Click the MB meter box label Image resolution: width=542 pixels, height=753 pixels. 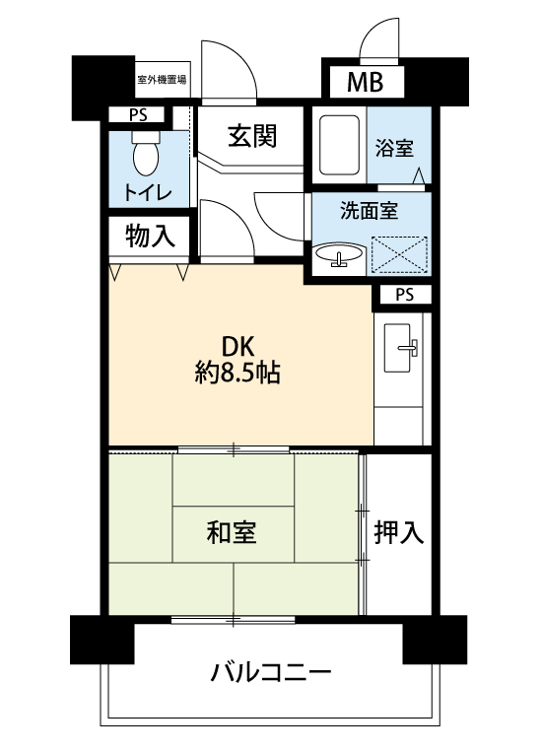[x=366, y=82]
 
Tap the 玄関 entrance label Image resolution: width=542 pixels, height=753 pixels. [x=252, y=135]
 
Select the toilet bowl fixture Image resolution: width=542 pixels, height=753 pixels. [x=146, y=154]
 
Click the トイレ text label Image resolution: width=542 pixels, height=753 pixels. [x=148, y=192]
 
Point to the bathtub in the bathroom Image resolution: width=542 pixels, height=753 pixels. [x=339, y=145]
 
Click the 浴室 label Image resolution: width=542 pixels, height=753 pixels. [x=394, y=148]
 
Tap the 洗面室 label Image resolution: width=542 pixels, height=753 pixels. [x=370, y=210]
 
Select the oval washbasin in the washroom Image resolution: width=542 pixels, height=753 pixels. [x=339, y=253]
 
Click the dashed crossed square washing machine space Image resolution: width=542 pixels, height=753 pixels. [x=399, y=254]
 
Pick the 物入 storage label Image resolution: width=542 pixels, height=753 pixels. [x=150, y=237]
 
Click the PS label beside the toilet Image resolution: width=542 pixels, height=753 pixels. [x=138, y=115]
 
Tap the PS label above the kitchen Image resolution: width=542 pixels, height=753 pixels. [x=405, y=295]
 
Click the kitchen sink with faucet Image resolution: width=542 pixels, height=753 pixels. [x=399, y=348]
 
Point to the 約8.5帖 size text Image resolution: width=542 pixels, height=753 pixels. [x=237, y=373]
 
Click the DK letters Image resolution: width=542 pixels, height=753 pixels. [x=237, y=347]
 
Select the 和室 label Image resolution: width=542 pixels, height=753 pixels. [x=232, y=532]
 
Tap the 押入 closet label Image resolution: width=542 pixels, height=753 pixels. [x=399, y=532]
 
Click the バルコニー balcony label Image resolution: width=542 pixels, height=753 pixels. [x=271, y=671]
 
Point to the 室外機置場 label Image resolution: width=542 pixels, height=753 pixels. [x=162, y=80]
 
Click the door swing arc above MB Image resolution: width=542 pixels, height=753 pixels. [x=373, y=28]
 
